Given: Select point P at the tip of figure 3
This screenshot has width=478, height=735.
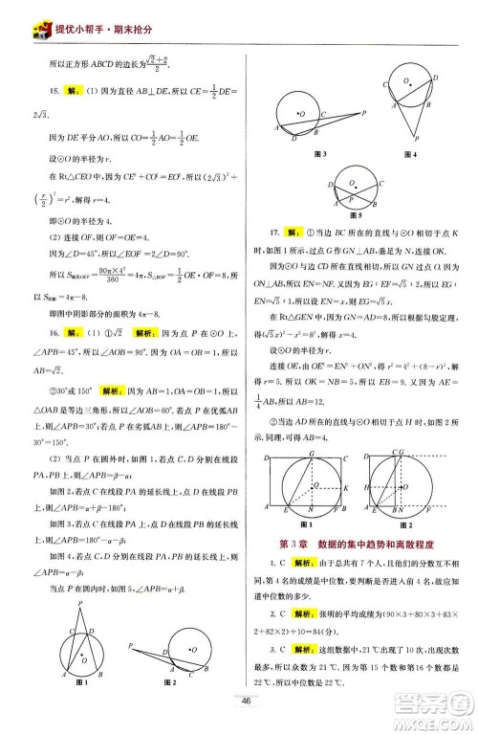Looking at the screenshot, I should click(x=366, y=112).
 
